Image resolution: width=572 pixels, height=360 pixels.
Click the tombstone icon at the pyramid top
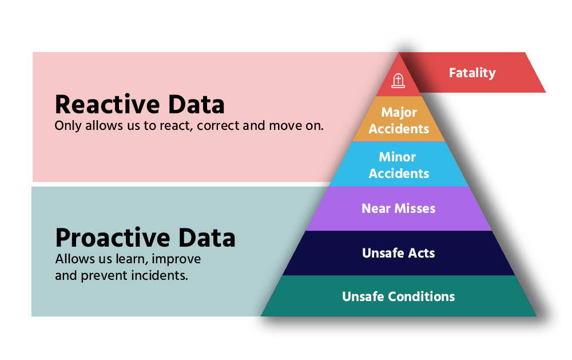click(x=398, y=81)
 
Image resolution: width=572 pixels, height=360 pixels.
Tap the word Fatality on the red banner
click(x=472, y=73)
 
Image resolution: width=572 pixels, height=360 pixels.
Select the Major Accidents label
click(x=399, y=121)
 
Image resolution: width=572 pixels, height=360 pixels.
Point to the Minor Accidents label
click(x=399, y=165)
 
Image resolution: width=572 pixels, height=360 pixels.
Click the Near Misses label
click(x=398, y=208)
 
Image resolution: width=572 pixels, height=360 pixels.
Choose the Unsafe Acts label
click(x=398, y=253)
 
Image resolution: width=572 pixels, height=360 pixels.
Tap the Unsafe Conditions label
click(x=398, y=296)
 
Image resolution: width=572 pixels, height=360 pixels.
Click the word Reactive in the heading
click(x=108, y=104)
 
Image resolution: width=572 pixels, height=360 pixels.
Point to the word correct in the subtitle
click(x=218, y=126)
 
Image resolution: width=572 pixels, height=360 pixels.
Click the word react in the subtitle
click(x=176, y=126)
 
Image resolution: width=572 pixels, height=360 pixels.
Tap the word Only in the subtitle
click(x=68, y=126)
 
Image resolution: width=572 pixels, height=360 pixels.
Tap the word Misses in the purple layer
click(x=415, y=208)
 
